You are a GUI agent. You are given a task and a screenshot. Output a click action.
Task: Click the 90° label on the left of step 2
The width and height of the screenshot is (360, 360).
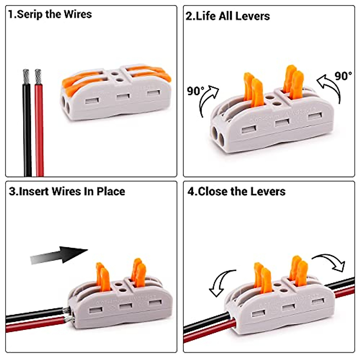[195, 91]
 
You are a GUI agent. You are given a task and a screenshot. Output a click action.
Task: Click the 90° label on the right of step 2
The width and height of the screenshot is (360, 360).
[343, 76]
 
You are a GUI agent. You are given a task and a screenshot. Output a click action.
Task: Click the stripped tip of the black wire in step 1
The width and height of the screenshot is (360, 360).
[26, 77]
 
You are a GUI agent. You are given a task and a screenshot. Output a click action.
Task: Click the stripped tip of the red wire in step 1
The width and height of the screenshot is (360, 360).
[38, 77]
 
